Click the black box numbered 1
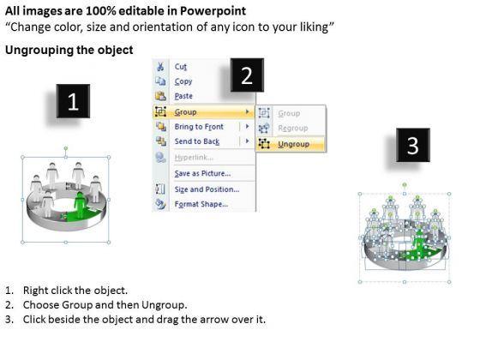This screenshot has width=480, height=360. [x=73, y=101]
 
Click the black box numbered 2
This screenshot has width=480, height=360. [x=247, y=75]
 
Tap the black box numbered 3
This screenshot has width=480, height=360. [x=413, y=145]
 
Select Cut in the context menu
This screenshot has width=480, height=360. [x=181, y=67]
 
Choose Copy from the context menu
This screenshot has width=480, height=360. [x=183, y=81]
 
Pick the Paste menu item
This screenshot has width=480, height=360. [x=183, y=96]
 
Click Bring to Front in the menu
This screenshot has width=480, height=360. [x=199, y=127]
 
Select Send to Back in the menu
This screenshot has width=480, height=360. [x=197, y=141]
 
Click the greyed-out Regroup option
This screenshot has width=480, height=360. [x=292, y=129]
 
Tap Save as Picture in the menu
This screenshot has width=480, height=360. [x=202, y=173]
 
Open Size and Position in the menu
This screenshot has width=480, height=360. [x=207, y=189]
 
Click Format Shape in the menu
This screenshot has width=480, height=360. [x=201, y=204]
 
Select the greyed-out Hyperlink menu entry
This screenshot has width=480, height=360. [x=194, y=158]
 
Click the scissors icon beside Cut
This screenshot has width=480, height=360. [x=160, y=67]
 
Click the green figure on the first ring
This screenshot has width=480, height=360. [x=81, y=205]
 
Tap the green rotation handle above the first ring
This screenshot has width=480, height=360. [x=66, y=149]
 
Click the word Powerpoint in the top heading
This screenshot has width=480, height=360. [x=213, y=11]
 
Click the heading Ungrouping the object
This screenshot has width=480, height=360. [x=69, y=50]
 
